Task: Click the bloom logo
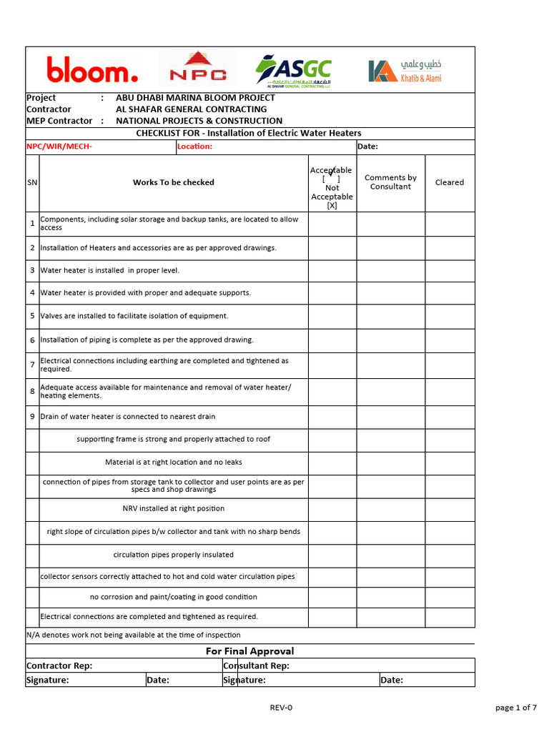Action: pyautogui.click(x=92, y=71)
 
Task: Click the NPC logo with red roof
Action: pyautogui.click(x=197, y=69)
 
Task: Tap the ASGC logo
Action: pyautogui.click(x=294, y=70)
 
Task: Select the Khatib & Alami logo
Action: pyautogui.click(x=405, y=70)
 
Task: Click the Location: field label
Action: pyautogui.click(x=195, y=147)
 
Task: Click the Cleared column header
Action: pyautogui.click(x=449, y=182)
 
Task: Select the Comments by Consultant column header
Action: pyautogui.click(x=390, y=182)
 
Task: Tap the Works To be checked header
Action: pyautogui.click(x=173, y=182)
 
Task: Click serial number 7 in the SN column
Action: pyautogui.click(x=32, y=365)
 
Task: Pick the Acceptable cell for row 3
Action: pyautogui.click(x=332, y=271)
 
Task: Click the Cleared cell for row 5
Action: pyautogui.click(x=449, y=316)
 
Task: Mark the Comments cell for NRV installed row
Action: pyautogui.click(x=390, y=509)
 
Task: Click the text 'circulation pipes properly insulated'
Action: pyautogui.click(x=173, y=555)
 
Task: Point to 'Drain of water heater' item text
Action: pyautogui.click(x=127, y=417)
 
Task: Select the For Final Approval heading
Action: pyautogui.click(x=249, y=651)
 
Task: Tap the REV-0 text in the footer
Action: pyautogui.click(x=281, y=708)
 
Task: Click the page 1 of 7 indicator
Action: pyautogui.click(x=515, y=708)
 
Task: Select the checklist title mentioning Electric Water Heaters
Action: pyautogui.click(x=249, y=133)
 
